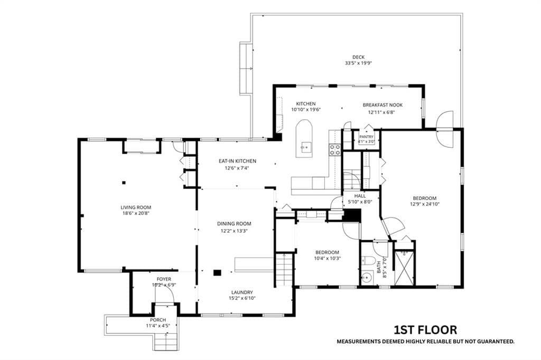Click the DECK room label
pos(359,57)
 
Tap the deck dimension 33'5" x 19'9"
pos(359,63)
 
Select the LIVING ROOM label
pos(136,207)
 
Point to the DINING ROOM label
pos(234,224)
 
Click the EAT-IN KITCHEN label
pos(237,161)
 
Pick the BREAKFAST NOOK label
pos(383,105)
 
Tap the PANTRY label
pos(366,137)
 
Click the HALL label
pos(360,196)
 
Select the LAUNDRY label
pos(242,292)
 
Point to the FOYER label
pos(164,279)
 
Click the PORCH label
pos(157,320)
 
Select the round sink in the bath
pos(367,277)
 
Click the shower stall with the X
pos(404,268)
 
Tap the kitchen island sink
pos(305,147)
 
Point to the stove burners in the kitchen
pos(334,149)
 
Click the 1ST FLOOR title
pos(425,330)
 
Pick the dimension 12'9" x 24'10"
pos(425,204)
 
